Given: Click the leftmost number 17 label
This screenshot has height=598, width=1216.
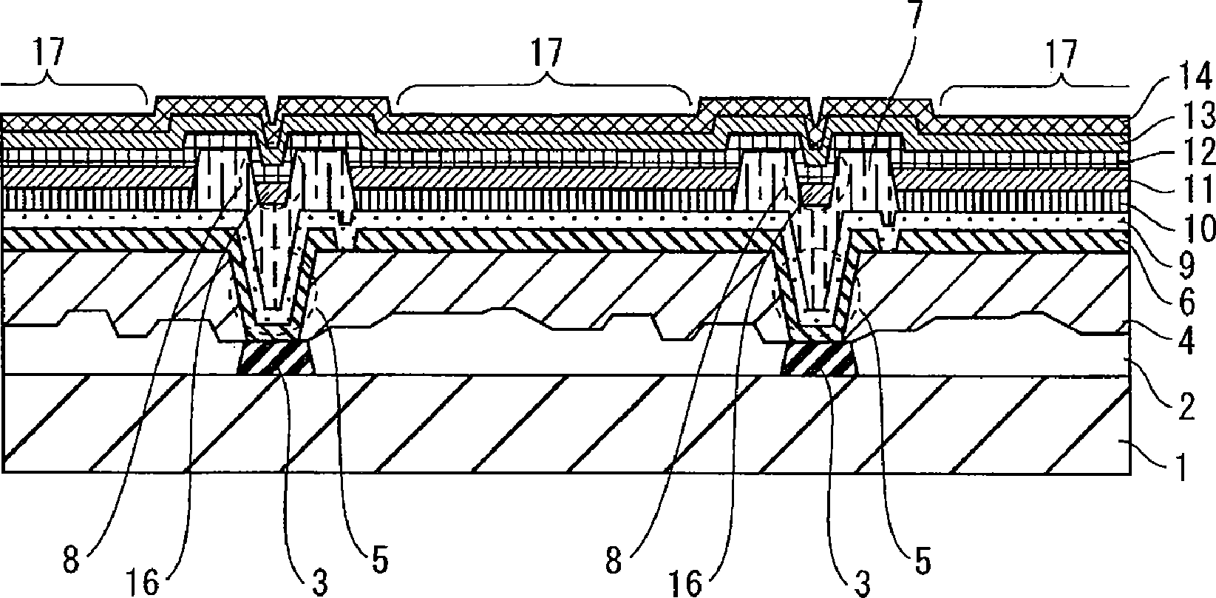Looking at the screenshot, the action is click(x=50, y=52).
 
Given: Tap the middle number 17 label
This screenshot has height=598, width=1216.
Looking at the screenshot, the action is click(x=547, y=53).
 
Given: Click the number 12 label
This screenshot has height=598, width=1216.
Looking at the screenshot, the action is click(x=1197, y=151).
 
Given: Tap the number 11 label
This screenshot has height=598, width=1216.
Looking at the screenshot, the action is click(x=1197, y=189).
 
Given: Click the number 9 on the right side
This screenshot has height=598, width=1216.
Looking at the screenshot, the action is click(x=1187, y=266).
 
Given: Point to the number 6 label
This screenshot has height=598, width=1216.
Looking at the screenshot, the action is click(x=1187, y=302).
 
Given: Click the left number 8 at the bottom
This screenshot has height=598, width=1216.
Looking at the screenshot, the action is click(x=71, y=560).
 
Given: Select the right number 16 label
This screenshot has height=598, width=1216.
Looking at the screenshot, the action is click(x=685, y=582).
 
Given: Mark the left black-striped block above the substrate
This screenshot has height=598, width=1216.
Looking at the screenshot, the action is click(x=276, y=357).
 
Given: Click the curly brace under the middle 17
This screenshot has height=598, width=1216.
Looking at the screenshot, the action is click(x=545, y=93).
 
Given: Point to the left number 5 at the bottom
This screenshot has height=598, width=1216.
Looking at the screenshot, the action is click(x=380, y=560).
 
